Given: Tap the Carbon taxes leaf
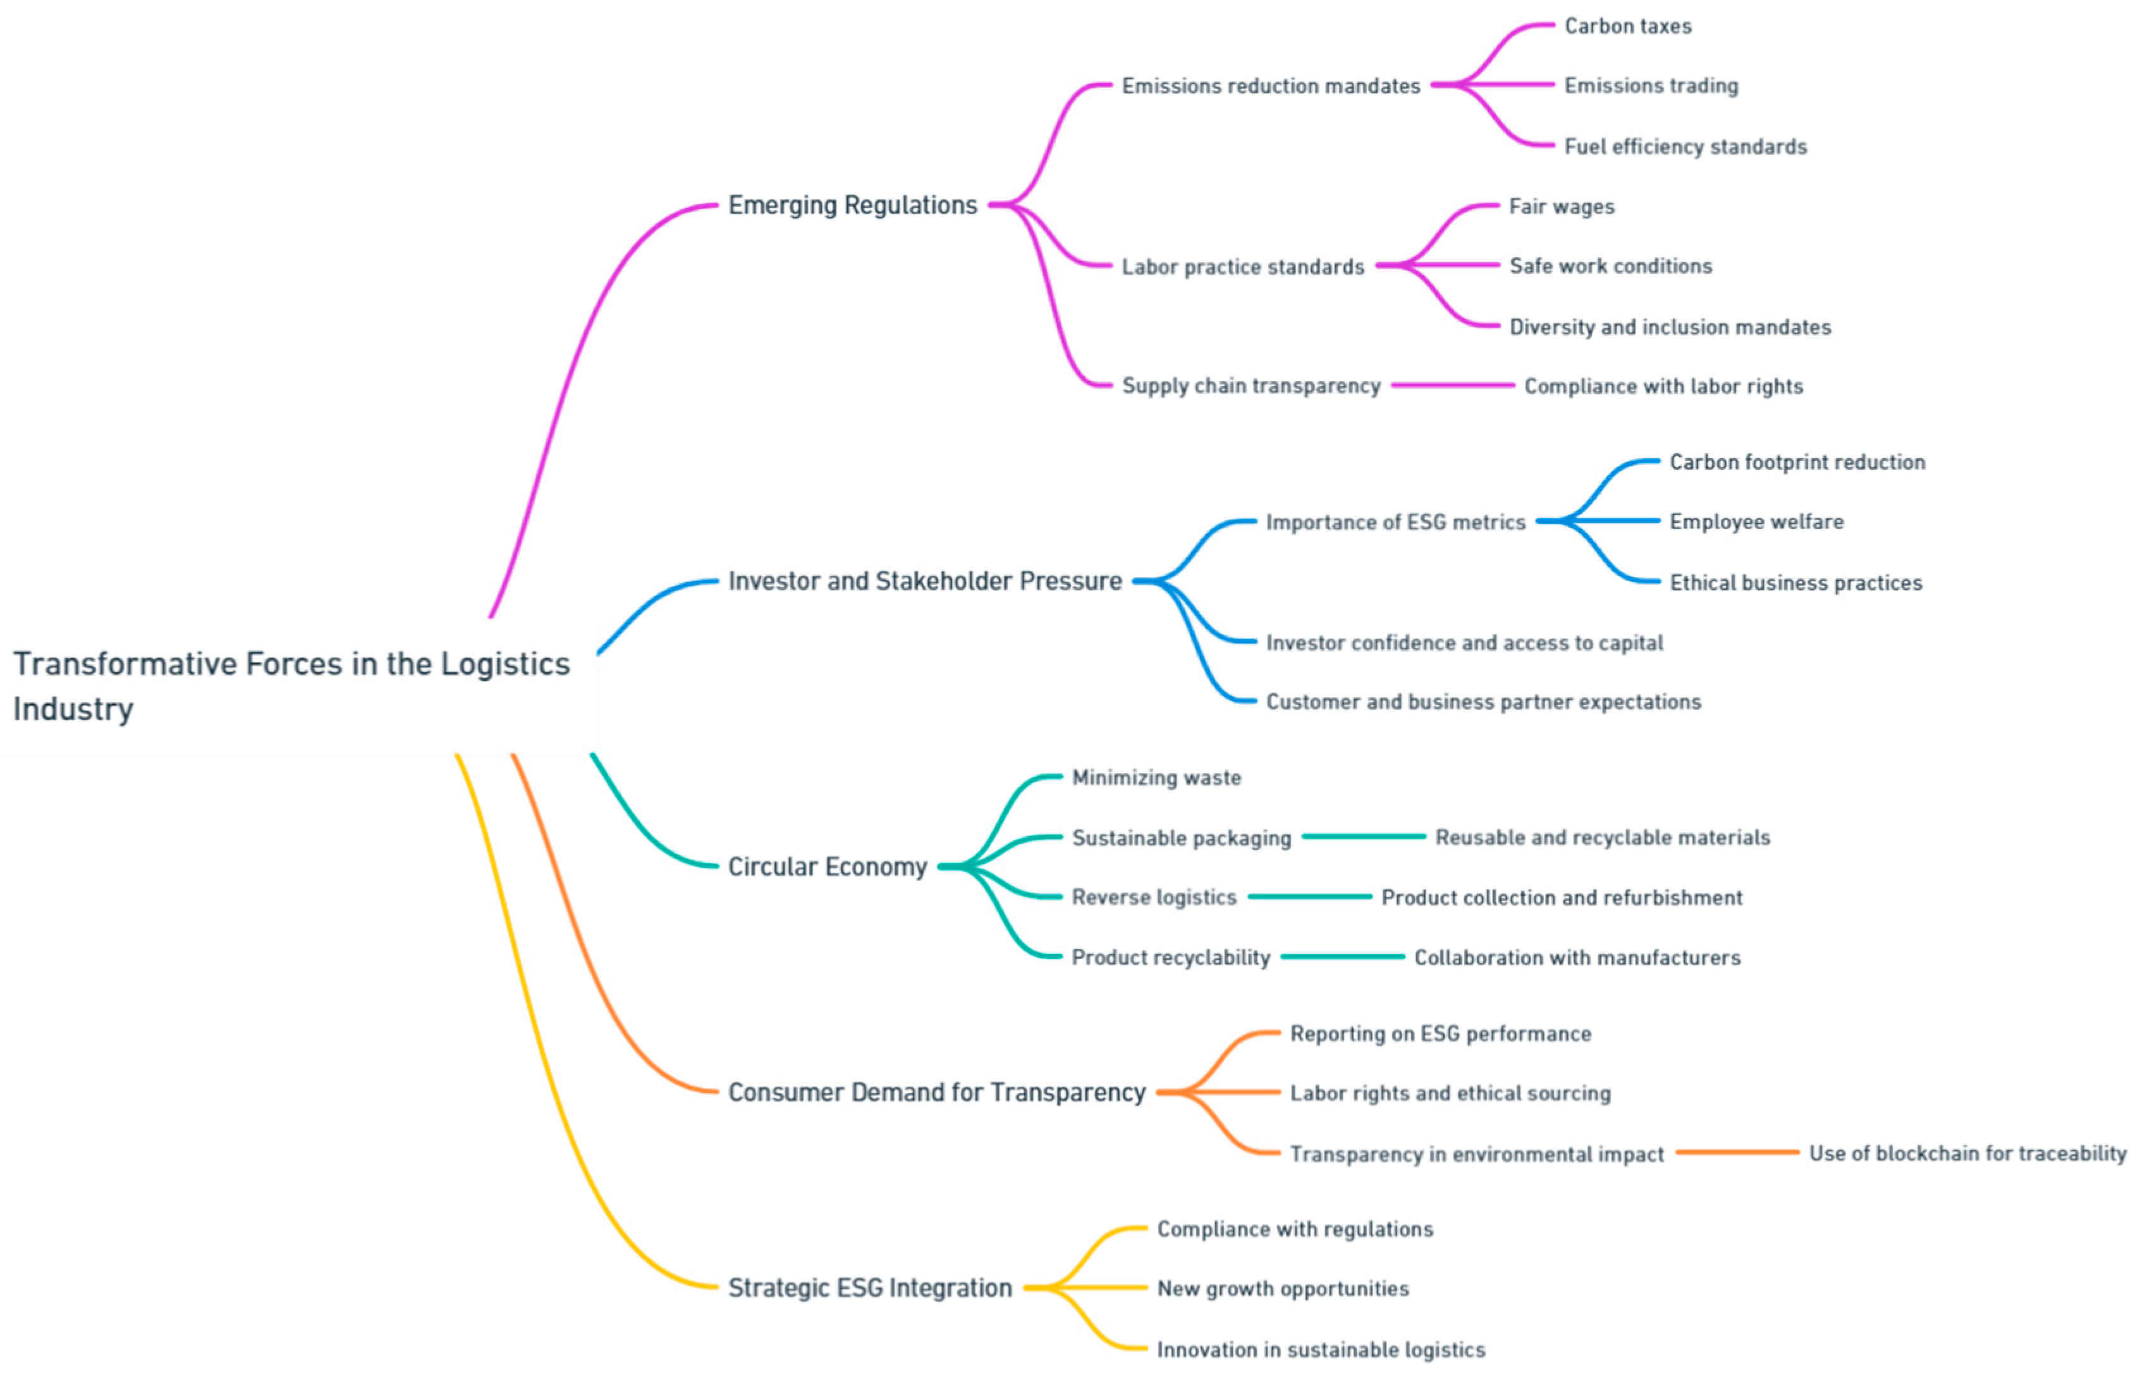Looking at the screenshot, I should pos(1627,26).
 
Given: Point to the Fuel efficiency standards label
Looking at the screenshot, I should pos(1685,146).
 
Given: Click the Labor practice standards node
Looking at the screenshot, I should pos(1243,267).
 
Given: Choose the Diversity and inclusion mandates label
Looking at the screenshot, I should pos(1670,327).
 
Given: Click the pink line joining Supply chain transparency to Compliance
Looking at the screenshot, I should pos(1452,386).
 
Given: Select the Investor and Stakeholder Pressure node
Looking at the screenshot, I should pos(924,581).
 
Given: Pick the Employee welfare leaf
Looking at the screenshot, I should pos(1756,521).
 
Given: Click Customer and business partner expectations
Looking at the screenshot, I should pos(1483,702).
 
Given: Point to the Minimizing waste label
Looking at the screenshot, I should pos(1156,777).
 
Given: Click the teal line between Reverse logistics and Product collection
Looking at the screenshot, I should pos(1309,896).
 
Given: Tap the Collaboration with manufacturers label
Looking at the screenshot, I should pos(1576,958).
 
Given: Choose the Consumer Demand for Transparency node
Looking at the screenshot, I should pos(936,1092).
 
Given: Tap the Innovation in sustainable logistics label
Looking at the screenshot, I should pos(1321,1350).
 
